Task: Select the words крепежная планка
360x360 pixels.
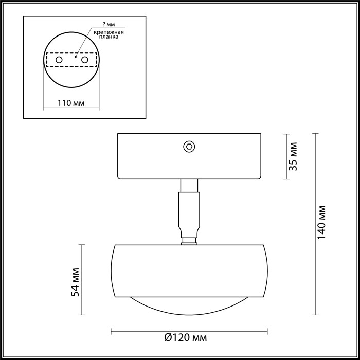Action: tap(109, 34)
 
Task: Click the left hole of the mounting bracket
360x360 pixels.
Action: tap(59, 61)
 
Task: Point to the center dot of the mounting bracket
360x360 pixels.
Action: tap(75, 58)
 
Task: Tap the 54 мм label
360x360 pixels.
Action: tap(76, 281)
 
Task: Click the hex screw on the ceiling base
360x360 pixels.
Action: tap(189, 147)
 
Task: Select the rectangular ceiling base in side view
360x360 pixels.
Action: tap(154, 157)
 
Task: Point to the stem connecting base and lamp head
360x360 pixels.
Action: tap(188, 211)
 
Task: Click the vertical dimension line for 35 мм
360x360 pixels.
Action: tap(286, 157)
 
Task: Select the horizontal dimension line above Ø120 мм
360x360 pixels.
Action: tap(189, 330)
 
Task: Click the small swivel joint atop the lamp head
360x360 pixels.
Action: tap(189, 240)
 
